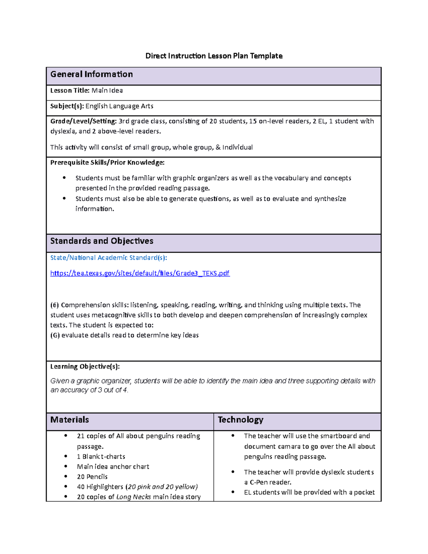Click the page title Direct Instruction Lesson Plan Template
click(x=214, y=56)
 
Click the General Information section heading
click(x=92, y=74)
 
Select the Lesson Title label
click(x=70, y=91)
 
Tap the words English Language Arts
click(x=119, y=106)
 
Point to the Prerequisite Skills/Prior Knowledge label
click(x=107, y=163)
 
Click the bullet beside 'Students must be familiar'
click(x=64, y=178)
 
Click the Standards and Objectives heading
click(x=102, y=241)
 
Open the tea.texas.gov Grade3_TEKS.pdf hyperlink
click(x=140, y=273)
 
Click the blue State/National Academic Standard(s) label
click(x=108, y=258)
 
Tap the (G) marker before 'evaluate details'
click(x=55, y=335)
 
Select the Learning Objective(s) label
click(x=85, y=366)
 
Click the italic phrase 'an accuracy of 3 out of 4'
click(x=89, y=390)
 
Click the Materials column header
click(x=70, y=420)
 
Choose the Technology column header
click(x=240, y=420)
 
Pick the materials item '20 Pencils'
click(x=92, y=477)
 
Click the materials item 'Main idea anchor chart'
click(x=113, y=467)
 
